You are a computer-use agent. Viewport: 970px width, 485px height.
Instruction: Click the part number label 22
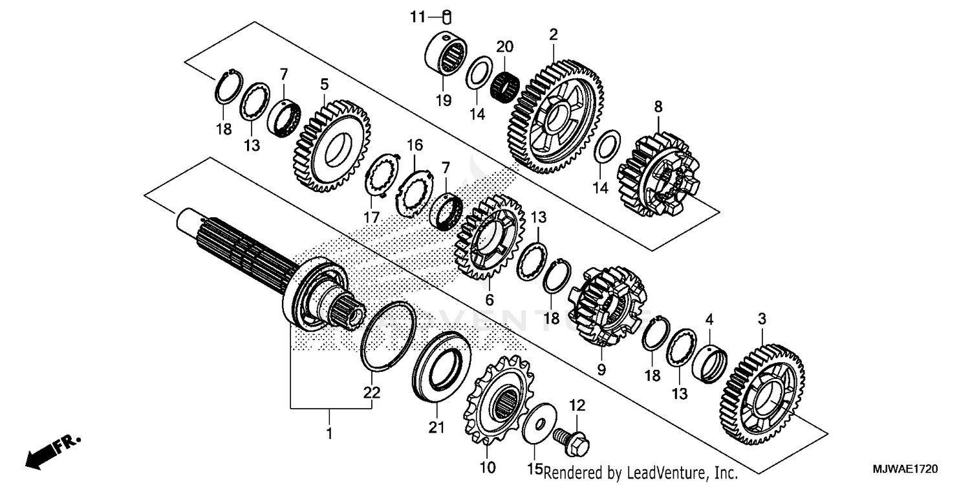click(372, 393)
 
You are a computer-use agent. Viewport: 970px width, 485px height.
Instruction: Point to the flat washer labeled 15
click(537, 426)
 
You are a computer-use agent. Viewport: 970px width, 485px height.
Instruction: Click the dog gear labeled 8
click(657, 175)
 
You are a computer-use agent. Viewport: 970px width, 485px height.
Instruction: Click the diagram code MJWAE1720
click(911, 466)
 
